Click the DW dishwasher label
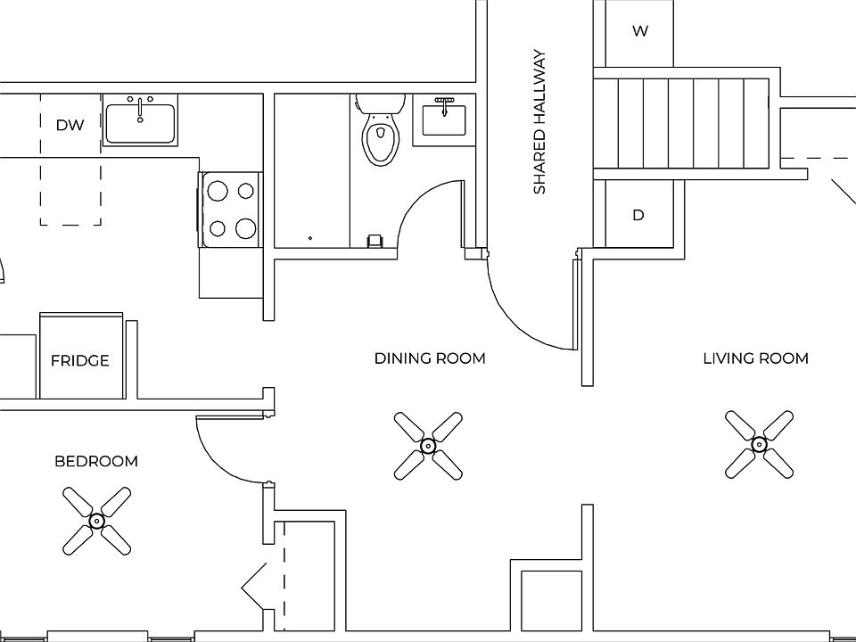pyautogui.click(x=70, y=125)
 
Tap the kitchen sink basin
pyautogui.click(x=140, y=124)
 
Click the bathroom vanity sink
pyautogui.click(x=443, y=119)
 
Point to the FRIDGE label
pyautogui.click(x=79, y=361)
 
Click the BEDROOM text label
pyautogui.click(x=96, y=461)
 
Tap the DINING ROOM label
pyautogui.click(x=430, y=358)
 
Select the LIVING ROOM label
pyautogui.click(x=755, y=358)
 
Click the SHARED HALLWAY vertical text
pyautogui.click(x=539, y=122)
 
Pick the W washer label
pyautogui.click(x=640, y=32)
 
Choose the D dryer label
pyautogui.click(x=638, y=216)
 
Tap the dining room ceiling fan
pyautogui.click(x=428, y=444)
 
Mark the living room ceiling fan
pyautogui.click(x=759, y=442)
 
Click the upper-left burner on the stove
pyautogui.click(x=217, y=189)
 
